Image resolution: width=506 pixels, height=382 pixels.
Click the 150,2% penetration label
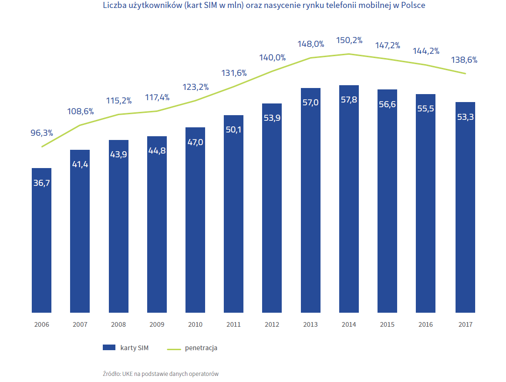[349, 41]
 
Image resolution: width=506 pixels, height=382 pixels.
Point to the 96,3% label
[42, 133]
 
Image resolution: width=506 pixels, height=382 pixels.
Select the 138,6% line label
[464, 60]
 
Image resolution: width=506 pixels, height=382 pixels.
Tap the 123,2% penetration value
[195, 87]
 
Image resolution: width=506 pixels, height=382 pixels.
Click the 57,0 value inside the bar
[311, 103]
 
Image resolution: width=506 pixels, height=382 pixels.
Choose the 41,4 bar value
[80, 164]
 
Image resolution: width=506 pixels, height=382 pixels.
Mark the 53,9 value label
[272, 118]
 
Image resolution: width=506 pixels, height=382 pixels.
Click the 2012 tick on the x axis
[272, 324]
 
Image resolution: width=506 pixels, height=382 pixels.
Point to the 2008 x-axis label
[118, 324]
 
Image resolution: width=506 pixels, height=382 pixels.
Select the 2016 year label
[426, 324]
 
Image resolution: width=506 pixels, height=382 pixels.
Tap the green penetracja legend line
[174, 349]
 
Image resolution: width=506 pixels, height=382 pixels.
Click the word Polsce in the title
[413, 6]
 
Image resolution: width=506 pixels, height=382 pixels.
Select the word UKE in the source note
[128, 374]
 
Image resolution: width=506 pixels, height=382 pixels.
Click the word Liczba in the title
[114, 6]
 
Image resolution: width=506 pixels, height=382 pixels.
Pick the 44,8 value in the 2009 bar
[157, 151]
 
